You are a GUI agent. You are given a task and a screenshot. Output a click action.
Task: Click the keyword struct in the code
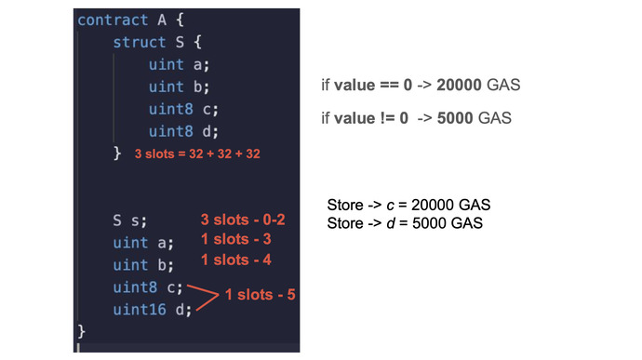(x=136, y=43)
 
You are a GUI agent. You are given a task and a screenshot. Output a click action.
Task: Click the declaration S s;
(x=130, y=220)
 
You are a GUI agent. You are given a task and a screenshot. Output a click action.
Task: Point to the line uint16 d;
(x=152, y=309)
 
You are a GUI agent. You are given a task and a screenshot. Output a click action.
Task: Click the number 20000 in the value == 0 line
(x=460, y=86)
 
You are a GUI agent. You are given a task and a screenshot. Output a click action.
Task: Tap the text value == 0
(x=368, y=86)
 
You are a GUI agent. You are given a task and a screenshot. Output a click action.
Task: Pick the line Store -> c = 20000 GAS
(x=408, y=205)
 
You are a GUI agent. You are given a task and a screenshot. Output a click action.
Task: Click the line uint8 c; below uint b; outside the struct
(x=148, y=287)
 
